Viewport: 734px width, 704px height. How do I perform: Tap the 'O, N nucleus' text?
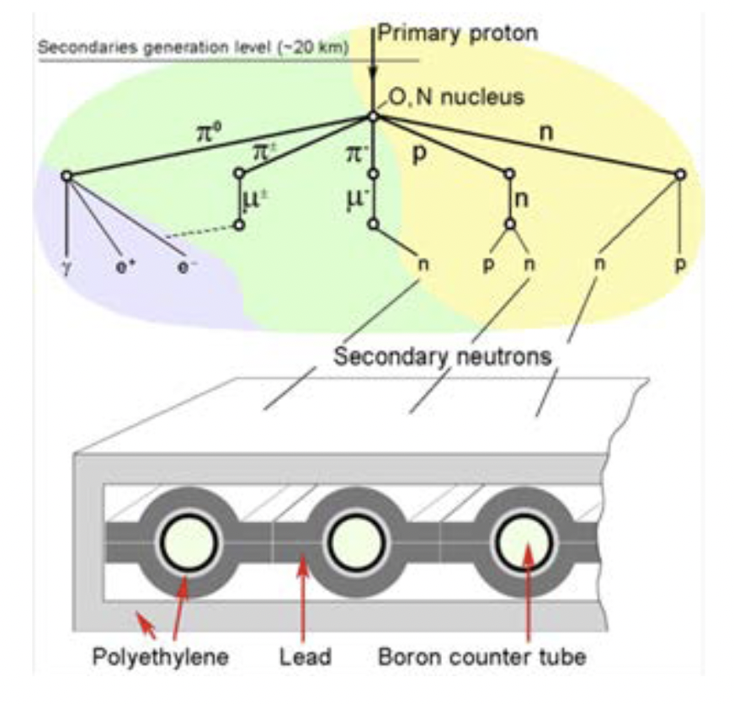coord(455,98)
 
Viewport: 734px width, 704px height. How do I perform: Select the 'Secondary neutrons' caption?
coord(442,356)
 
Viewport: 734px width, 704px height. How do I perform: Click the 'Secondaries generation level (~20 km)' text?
coord(194,48)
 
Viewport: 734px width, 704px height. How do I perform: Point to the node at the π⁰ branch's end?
coord(66,175)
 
